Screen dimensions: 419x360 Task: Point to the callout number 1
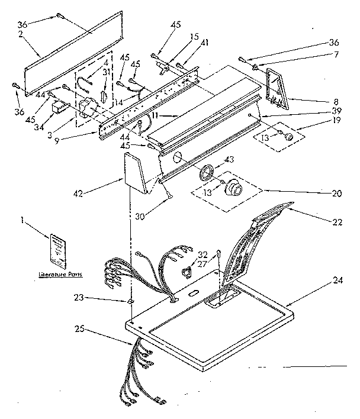pyautogui.click(x=22, y=221)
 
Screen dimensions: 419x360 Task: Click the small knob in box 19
pyautogui.click(x=290, y=137)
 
